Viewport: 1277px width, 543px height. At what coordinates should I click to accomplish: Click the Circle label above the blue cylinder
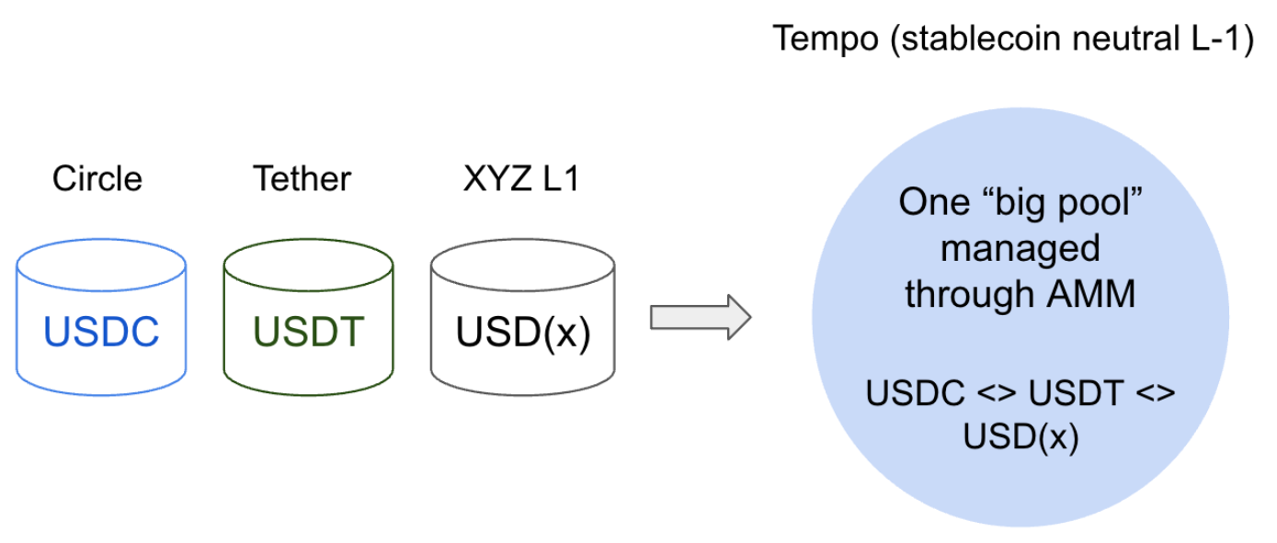point(97,178)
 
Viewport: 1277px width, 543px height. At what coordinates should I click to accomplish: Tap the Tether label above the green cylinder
point(302,178)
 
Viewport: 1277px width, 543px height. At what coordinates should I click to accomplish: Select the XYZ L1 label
point(521,178)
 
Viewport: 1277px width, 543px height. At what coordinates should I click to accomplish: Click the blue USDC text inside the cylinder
point(101,332)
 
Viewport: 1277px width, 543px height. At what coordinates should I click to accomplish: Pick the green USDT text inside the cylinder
point(307,332)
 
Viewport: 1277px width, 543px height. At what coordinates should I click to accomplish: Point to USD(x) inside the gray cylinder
point(522,332)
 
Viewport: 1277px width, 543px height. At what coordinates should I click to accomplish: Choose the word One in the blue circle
point(931,202)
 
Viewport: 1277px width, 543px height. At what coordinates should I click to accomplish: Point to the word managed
point(1020,248)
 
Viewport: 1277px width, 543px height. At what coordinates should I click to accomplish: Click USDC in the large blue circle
point(910,393)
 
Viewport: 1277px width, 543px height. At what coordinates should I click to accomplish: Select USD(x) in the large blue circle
point(1020,436)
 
